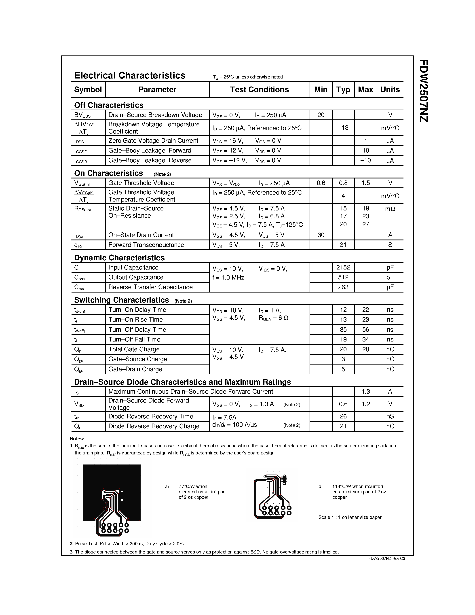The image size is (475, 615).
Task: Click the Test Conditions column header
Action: point(259,89)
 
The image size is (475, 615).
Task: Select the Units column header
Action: point(390,89)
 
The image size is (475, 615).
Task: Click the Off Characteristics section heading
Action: point(109,105)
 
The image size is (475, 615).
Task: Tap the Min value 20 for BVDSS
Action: point(321,115)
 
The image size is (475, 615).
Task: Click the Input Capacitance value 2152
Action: point(343,267)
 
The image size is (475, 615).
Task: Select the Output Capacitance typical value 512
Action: point(343,277)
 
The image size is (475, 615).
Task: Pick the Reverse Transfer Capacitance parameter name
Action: point(150,287)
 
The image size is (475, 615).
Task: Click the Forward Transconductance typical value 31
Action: point(343,245)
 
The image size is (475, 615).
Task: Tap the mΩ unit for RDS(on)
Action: point(390,209)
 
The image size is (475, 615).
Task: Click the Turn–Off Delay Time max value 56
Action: point(365,330)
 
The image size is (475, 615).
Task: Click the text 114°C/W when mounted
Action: point(357,486)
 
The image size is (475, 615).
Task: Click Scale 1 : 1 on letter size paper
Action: point(350,517)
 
